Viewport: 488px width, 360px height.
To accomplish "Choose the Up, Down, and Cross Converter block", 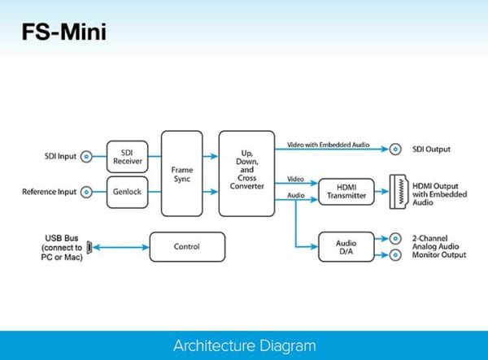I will point(246,173).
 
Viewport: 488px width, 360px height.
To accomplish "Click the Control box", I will point(186,245).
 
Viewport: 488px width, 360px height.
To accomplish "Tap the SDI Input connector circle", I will point(85,155).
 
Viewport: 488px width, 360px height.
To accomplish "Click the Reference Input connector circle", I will point(85,192).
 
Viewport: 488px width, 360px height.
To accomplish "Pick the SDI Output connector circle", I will point(395,149).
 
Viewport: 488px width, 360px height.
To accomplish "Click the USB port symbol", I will point(89,245).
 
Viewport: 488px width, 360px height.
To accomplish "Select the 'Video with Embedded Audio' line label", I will point(328,144).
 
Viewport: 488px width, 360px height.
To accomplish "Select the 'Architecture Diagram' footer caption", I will point(244,345).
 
